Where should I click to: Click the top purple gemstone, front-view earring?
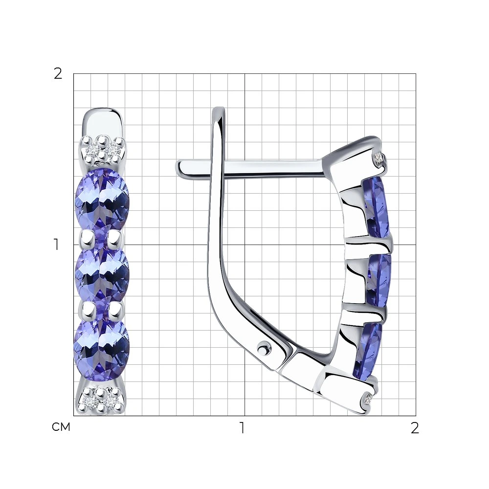(102, 202)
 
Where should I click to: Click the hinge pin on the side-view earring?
(264, 347)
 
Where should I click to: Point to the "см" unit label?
(61, 427)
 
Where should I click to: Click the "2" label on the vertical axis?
(58, 74)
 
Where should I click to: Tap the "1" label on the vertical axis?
(56, 244)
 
